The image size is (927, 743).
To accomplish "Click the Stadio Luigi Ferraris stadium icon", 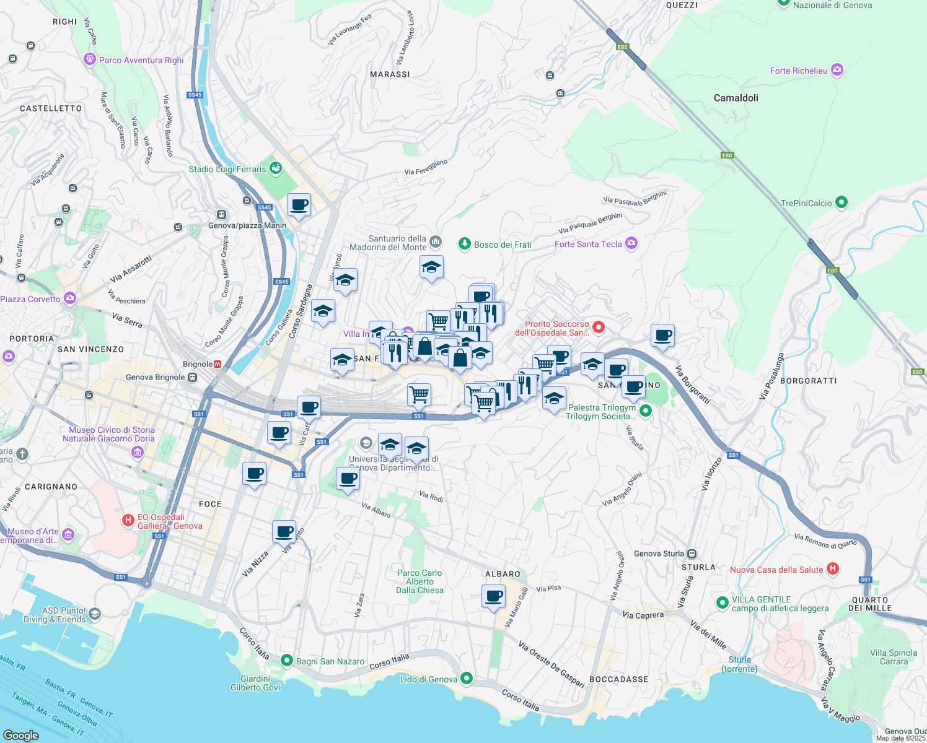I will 276,168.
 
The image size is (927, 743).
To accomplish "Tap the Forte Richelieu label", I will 799,71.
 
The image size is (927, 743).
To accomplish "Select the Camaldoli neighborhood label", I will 736,98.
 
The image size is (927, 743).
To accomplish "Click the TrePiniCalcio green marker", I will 841,202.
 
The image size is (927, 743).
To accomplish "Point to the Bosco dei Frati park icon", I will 465,244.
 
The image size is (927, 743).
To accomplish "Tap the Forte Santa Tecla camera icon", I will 631,243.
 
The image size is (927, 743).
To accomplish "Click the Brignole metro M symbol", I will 217,364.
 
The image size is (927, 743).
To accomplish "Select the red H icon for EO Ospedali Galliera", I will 128,521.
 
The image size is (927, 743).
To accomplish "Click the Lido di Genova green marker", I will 467,679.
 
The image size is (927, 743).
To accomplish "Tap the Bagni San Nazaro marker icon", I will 286,661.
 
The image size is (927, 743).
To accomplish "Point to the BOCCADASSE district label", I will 618,679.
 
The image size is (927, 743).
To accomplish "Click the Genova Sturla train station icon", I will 692,554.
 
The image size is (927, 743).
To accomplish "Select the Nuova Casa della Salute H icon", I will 833,569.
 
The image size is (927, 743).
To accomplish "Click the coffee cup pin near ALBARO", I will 493,596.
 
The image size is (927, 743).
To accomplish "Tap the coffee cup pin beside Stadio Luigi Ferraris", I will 299,205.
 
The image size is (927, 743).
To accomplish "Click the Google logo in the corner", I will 21,735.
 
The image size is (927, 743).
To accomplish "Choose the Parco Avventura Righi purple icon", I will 90,59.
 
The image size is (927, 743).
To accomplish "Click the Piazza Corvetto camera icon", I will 69,298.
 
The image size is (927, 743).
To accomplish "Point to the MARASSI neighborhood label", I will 390,74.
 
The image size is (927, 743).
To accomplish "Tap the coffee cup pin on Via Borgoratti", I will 662,336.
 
